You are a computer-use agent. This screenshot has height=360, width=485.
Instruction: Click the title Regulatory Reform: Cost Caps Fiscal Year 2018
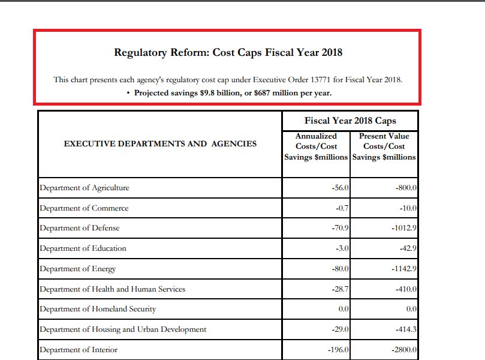(228, 52)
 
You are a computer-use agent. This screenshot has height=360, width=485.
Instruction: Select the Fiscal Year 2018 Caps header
(350, 121)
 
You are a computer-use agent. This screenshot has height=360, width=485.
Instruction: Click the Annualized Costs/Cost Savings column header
(316, 146)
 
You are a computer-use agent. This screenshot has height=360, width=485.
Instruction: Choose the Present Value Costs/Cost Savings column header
(384, 146)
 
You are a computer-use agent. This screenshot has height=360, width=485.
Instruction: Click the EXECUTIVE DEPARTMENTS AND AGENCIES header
(160, 143)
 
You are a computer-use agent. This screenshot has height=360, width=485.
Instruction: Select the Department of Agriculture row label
(84, 188)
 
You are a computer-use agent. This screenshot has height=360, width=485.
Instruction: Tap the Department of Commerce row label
(84, 208)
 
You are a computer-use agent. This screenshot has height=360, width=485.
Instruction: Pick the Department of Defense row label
(79, 228)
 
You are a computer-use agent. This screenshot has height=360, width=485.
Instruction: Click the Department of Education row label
(83, 248)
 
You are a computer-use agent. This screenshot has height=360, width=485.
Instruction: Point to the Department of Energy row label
(77, 269)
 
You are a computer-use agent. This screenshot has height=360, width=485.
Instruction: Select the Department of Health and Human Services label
(112, 289)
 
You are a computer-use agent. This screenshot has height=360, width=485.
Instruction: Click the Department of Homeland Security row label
(97, 309)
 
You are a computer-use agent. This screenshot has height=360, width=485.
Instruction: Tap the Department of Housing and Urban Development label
(122, 329)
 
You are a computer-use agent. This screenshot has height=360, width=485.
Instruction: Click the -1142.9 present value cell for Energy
(403, 269)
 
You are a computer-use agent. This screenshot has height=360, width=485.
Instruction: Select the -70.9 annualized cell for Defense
(340, 228)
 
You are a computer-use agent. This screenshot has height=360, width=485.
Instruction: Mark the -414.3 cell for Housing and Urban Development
(406, 329)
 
